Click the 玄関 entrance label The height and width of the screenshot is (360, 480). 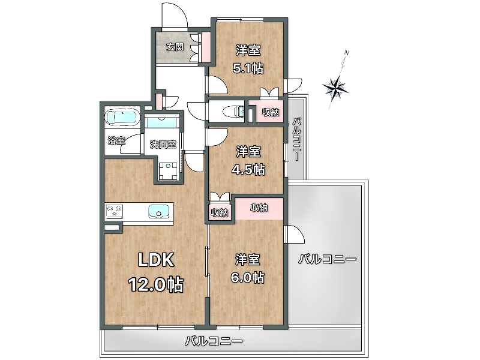[x=175, y=47]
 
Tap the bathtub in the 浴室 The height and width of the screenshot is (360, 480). [x=122, y=117]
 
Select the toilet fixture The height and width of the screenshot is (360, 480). [x=234, y=111]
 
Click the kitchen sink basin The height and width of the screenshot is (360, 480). [x=158, y=212]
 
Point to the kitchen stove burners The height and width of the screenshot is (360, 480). [x=115, y=211]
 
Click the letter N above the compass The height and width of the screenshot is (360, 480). [x=347, y=52]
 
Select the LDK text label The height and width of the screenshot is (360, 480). [x=156, y=260]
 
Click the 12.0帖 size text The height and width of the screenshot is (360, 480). [x=156, y=284]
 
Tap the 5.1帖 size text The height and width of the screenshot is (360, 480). [x=248, y=68]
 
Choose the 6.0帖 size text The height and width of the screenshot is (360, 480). [x=248, y=277]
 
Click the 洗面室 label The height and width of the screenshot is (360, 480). [x=163, y=144]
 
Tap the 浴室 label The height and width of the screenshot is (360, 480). [x=116, y=140]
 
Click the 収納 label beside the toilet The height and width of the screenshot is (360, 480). [x=270, y=112]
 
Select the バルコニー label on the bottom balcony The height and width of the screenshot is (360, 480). [x=214, y=341]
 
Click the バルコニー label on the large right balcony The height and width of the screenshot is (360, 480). [x=327, y=260]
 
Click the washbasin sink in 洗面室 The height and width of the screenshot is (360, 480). [x=162, y=122]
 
